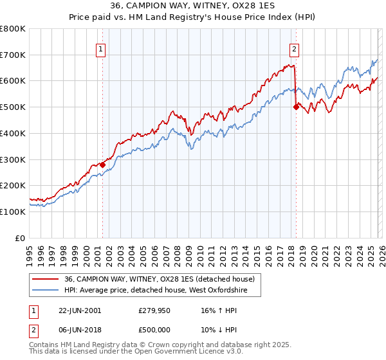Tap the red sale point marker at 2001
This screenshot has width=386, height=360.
click(x=102, y=165)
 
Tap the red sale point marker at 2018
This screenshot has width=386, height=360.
click(x=296, y=107)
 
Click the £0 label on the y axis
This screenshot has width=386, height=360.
click(x=19, y=238)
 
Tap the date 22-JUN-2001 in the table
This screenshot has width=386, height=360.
click(x=79, y=310)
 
